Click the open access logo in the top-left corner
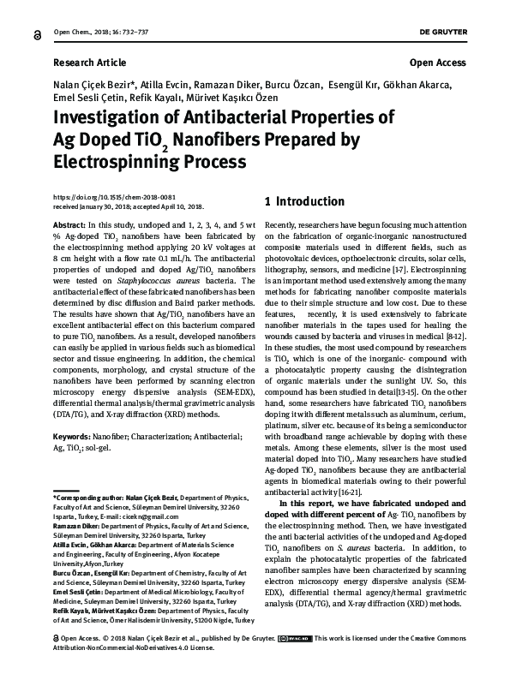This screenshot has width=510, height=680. [37, 31]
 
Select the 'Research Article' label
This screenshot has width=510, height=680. [89, 63]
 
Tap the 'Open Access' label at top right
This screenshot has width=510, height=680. [438, 63]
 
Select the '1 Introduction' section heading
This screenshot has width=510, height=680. [304, 202]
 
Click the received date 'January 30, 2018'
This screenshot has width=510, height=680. [114, 206]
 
